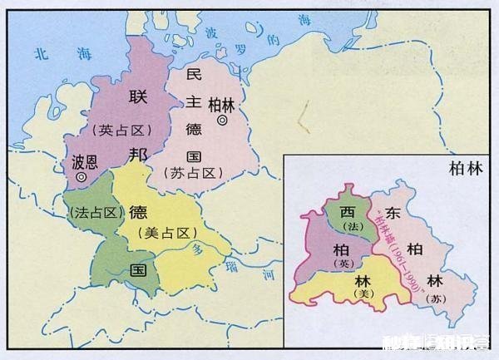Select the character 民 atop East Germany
(194, 74)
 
